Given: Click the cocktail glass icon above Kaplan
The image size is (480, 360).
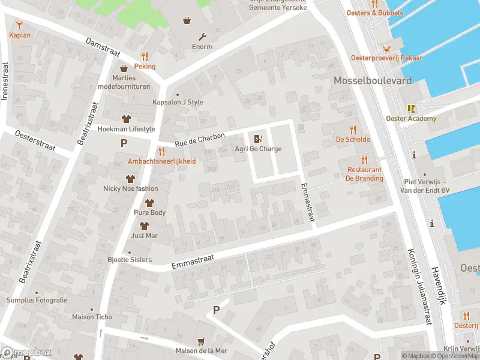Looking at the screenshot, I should point(19,25).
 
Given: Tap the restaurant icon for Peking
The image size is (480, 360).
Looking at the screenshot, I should point(145,56).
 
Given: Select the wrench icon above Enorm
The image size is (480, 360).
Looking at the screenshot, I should point(202,36).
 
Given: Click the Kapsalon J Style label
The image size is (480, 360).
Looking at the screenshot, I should point(178,102).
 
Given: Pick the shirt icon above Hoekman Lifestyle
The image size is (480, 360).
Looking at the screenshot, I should point(126,118).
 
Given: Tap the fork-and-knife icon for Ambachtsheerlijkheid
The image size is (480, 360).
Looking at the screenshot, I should point(161,151).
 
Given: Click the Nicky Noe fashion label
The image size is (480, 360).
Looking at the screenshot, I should point(130,188).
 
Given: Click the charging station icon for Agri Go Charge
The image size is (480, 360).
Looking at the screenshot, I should point(258,139).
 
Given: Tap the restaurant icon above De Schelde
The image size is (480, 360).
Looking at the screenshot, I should point(353,129).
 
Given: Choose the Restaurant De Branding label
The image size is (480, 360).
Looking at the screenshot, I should point(364,174).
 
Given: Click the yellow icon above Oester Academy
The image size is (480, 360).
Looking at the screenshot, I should point(411,109).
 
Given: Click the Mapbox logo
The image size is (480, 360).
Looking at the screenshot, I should point(26,352).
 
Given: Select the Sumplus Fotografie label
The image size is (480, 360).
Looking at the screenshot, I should point(37,300).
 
